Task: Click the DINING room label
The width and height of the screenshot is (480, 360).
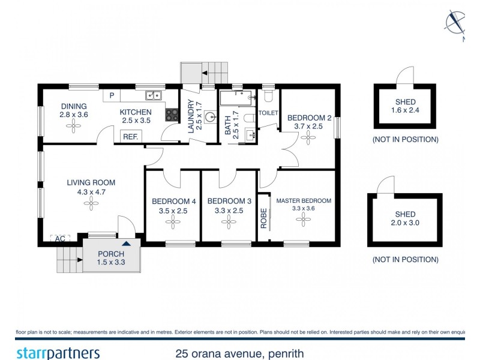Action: click(73, 106)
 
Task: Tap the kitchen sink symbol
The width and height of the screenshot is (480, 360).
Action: click(153, 95)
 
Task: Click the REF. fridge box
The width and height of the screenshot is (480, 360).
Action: click(130, 137)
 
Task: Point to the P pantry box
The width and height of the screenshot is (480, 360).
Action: click(111, 95)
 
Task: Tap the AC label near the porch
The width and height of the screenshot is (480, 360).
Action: click(59, 238)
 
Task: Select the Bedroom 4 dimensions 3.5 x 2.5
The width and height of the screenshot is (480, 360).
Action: click(173, 211)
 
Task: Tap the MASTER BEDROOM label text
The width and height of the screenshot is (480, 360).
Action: click(303, 200)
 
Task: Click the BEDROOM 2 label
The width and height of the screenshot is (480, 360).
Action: click(308, 118)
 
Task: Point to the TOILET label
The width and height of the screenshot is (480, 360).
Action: click(268, 113)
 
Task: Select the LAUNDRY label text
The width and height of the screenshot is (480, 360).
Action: click(191, 117)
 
